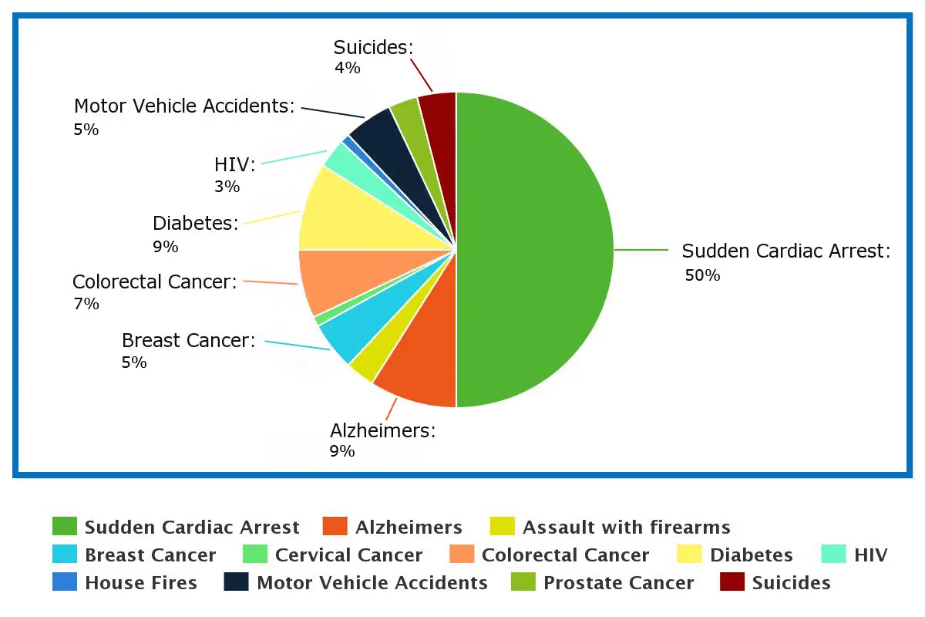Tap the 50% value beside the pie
point(702,275)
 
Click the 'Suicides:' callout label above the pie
point(373,48)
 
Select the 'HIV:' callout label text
point(234,165)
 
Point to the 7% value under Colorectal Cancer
point(86,304)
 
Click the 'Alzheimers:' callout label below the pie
point(382,430)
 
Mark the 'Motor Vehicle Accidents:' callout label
point(184,106)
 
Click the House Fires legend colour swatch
point(65,582)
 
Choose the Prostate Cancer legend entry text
point(618,583)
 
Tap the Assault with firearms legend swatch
point(503,527)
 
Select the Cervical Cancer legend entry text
point(348,555)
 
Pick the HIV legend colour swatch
point(834,555)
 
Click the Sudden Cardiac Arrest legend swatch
point(65,527)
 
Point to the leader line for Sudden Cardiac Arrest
point(641,250)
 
